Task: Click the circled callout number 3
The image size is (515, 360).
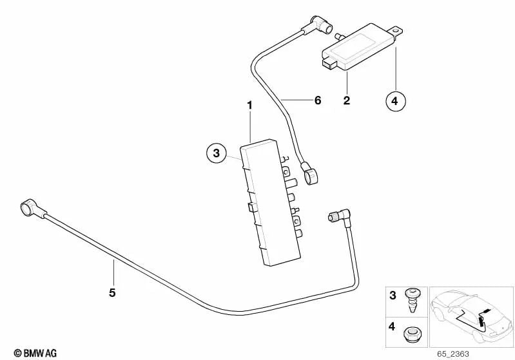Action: coord(217,153)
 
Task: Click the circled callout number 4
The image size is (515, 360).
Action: coord(396,100)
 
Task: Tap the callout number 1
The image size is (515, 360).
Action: coord(250,106)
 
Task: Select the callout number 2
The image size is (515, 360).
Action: coord(347,100)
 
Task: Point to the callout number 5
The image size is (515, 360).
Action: coord(112,292)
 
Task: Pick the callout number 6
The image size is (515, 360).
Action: coord(318,100)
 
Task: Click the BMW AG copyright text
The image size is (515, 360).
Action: coord(35,353)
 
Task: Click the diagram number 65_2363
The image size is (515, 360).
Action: coord(453,354)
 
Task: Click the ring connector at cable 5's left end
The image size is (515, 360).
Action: coord(28,207)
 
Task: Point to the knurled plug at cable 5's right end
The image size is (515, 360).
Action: coord(332,217)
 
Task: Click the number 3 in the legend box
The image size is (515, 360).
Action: coord(393,296)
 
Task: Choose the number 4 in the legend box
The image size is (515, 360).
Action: coord(392,327)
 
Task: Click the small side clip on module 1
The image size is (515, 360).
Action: coord(251,207)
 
